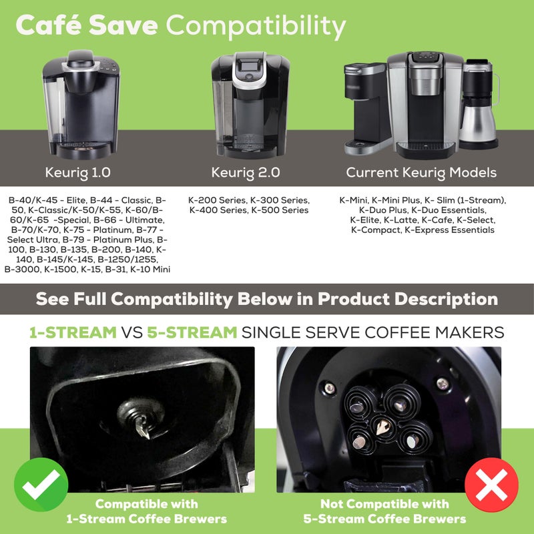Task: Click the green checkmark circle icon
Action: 41,485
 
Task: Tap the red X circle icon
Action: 492,485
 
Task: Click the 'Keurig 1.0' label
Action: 78,172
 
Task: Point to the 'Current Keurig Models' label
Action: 421,172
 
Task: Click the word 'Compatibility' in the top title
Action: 256,27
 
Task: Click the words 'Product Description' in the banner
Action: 407,298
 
